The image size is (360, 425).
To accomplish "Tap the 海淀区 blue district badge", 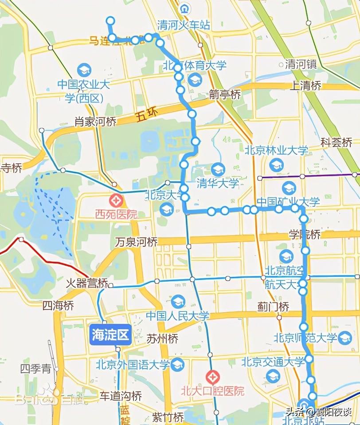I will pyautogui.click(x=110, y=335).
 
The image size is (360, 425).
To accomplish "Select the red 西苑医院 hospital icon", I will pyautogui.click(x=117, y=200).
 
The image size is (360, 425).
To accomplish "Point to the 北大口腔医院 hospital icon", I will pyautogui.click(x=212, y=377).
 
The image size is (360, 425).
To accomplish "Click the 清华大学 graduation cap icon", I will pyautogui.click(x=218, y=169).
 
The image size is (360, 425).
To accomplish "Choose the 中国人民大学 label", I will pyautogui.click(x=177, y=316).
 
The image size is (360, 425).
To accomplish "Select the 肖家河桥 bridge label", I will pyautogui.click(x=95, y=121).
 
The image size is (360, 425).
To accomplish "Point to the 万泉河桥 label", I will pyautogui.click(x=136, y=242).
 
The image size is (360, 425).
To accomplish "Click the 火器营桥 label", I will pyautogui.click(x=87, y=283).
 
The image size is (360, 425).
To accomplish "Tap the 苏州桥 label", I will pyautogui.click(x=162, y=339).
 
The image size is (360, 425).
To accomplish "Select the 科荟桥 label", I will pyautogui.click(x=337, y=142).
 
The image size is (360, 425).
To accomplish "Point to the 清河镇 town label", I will pyautogui.click(x=301, y=64).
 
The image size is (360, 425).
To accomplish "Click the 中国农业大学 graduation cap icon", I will pyautogui.click(x=83, y=70).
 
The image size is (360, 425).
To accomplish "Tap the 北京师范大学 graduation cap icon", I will pyautogui.click(x=344, y=337).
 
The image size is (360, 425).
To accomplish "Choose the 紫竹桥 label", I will pyautogui.click(x=168, y=417).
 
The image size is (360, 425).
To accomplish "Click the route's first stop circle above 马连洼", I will pyautogui.click(x=110, y=20).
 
